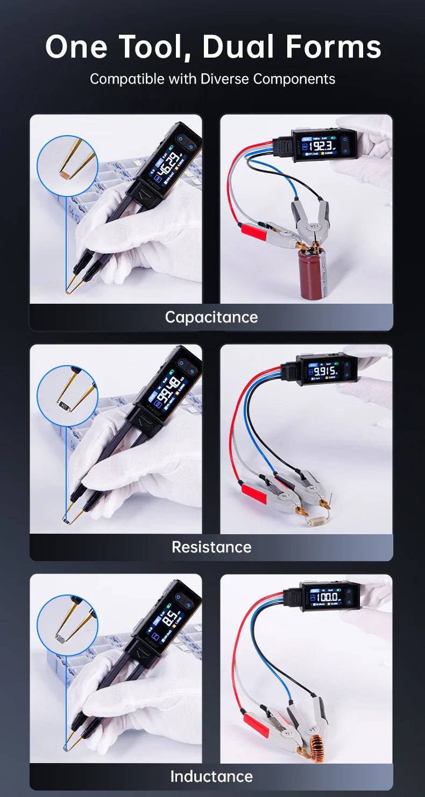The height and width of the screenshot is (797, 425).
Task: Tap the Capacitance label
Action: pyautogui.click(x=211, y=317)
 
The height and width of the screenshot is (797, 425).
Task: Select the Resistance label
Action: pyautogui.click(x=211, y=547)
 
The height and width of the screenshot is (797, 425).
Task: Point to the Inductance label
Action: pyautogui.click(x=211, y=776)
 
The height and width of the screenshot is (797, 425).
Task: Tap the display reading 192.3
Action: pyautogui.click(x=322, y=146)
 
